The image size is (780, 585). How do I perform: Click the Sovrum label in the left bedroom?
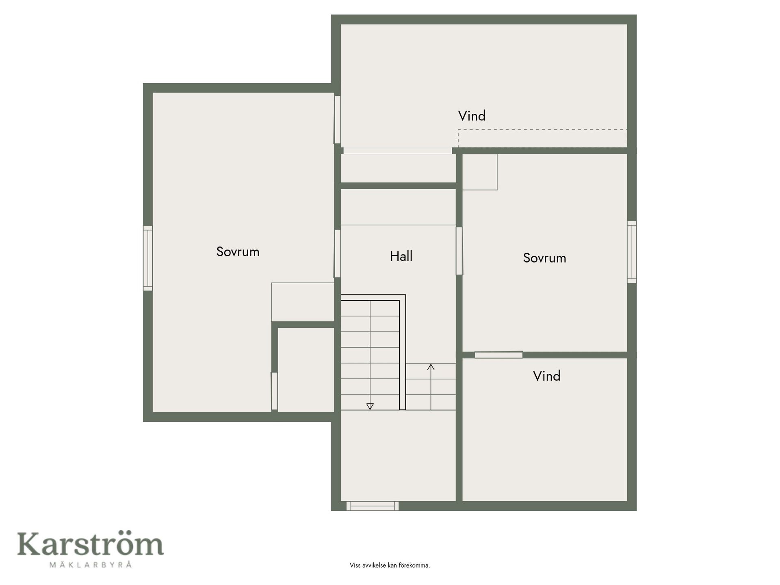[x=238, y=252]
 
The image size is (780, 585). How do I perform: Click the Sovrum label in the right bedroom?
[x=544, y=258]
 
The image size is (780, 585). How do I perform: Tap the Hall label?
[x=401, y=256]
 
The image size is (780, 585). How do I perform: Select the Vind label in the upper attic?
[x=472, y=116]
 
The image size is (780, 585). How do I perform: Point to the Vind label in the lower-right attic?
[x=546, y=376]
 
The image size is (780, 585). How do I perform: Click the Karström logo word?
[x=90, y=544]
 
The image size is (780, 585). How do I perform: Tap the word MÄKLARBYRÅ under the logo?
[x=91, y=565]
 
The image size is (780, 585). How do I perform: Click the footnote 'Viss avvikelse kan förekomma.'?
[x=390, y=565]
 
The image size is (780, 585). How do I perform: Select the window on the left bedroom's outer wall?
[x=148, y=258]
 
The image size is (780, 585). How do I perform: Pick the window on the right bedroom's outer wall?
[x=632, y=252]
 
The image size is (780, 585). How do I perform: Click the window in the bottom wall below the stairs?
[x=373, y=506]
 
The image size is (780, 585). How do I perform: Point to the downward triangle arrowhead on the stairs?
[x=370, y=406]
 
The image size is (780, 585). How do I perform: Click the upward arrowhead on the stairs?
[x=431, y=367]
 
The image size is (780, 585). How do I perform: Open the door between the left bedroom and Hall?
[x=337, y=253]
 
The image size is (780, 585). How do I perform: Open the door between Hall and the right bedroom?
[x=459, y=251]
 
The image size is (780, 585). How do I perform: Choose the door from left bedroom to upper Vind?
[x=337, y=119]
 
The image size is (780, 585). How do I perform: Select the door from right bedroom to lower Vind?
[x=498, y=355]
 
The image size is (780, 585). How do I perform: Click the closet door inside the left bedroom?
[x=274, y=391]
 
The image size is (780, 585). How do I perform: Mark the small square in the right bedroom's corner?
[x=480, y=172]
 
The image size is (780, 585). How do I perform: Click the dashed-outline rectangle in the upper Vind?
[x=542, y=138]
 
